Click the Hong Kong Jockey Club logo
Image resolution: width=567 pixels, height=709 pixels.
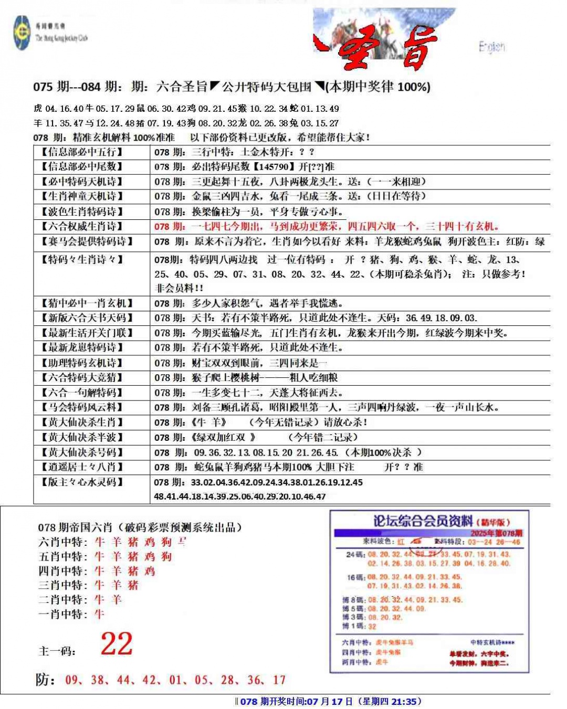click(23, 33)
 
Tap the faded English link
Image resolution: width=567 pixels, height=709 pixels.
click(491, 47)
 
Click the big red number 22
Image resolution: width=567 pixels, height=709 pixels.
click(117, 644)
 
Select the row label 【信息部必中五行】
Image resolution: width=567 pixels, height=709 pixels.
click(82, 152)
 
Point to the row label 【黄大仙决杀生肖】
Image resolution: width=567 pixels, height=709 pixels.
click(82, 422)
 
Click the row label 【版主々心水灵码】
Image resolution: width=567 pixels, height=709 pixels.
click(82, 482)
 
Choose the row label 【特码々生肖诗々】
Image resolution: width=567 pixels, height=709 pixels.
click(82, 259)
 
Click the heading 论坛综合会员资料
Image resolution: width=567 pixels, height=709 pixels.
click(423, 521)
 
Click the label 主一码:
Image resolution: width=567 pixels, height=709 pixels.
click(57, 651)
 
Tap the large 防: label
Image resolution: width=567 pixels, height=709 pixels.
click(46, 680)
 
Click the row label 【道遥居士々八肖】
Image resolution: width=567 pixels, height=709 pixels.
click(82, 467)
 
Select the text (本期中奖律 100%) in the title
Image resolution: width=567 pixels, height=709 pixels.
click(378, 87)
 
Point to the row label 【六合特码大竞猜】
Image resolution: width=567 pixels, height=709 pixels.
click(82, 378)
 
